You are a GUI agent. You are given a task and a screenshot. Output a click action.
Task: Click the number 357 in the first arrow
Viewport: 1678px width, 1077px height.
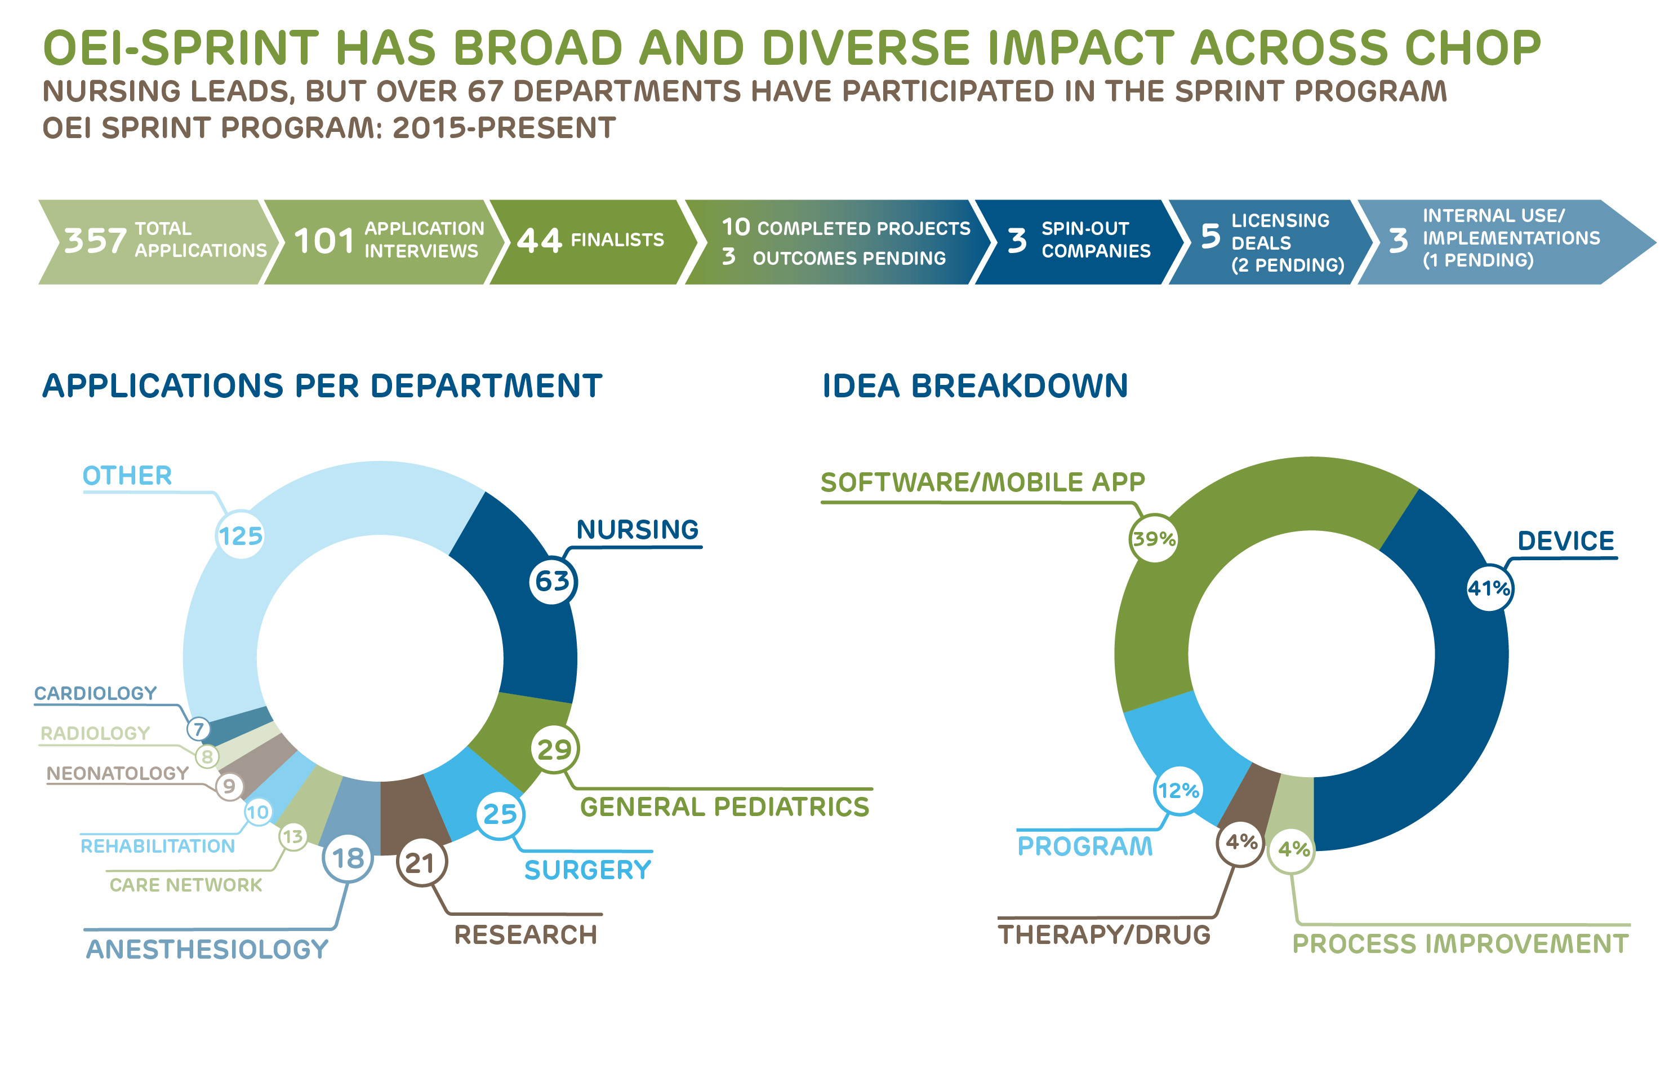[95, 241]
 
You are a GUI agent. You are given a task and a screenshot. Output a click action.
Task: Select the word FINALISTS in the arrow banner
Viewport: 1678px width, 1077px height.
[617, 240]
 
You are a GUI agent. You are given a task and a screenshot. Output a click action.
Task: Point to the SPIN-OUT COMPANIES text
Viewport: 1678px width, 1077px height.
[1095, 240]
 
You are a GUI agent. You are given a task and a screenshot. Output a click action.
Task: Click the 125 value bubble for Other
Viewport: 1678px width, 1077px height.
[241, 536]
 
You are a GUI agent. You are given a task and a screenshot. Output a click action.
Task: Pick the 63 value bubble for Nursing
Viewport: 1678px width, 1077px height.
[552, 581]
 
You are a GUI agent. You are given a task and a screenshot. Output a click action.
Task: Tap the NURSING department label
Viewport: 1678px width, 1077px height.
[637, 529]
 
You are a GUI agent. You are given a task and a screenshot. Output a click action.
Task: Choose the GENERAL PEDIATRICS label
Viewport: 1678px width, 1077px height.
[724, 806]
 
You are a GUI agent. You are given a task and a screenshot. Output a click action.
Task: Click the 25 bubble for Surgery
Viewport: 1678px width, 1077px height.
[500, 814]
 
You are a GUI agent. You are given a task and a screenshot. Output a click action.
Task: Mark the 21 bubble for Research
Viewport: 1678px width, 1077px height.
[421, 863]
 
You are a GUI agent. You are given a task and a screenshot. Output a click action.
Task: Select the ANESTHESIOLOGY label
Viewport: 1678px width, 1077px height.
[207, 949]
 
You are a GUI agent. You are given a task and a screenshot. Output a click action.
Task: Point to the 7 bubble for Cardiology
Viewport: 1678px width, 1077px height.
[198, 729]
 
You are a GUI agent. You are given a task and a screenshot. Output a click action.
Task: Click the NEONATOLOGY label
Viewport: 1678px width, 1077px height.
[117, 773]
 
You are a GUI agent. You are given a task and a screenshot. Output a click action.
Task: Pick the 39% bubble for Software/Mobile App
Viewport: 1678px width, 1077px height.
[1154, 539]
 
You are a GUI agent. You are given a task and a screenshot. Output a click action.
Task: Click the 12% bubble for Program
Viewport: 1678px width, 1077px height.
[1178, 791]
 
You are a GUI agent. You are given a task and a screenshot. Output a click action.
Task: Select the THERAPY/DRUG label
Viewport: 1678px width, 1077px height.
[1103, 934]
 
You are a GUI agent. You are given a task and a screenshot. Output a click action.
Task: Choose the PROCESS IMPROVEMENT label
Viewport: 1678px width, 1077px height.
[1460, 944]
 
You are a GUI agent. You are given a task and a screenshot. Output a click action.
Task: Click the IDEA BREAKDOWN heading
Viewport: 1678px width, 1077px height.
[975, 386]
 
